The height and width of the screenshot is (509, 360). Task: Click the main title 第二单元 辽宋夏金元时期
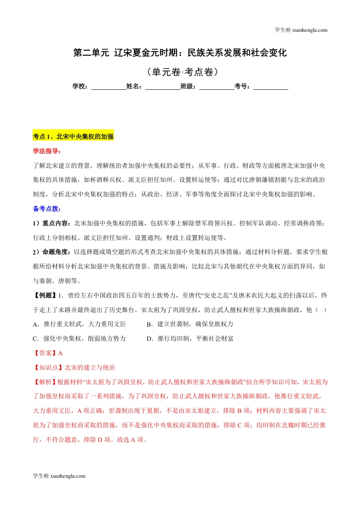180,53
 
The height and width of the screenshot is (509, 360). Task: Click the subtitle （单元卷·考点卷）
180,72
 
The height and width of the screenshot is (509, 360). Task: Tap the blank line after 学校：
108,86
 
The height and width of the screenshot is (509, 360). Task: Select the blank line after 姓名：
163,86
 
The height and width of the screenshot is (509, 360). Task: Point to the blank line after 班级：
217,86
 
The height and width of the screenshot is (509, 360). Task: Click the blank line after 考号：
271,86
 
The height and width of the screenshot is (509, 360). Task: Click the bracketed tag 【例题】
45,296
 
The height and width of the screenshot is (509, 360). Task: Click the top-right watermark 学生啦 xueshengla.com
301,30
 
